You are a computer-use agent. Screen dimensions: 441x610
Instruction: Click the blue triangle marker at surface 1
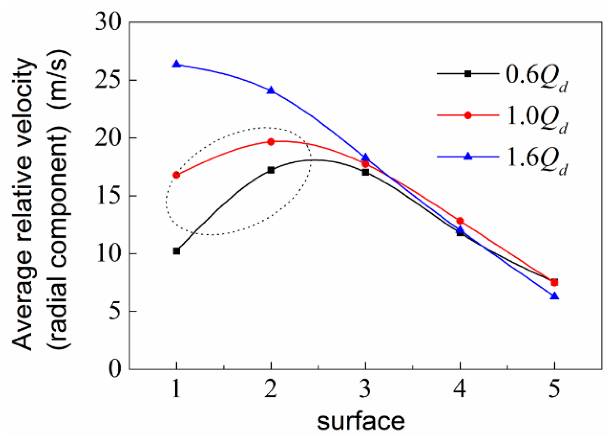click(176, 65)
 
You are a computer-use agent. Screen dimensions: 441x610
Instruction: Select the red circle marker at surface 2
click(271, 142)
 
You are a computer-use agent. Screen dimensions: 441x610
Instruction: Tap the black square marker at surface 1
click(176, 251)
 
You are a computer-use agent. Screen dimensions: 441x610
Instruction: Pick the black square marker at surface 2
click(271, 170)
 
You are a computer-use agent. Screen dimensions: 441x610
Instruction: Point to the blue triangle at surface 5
click(554, 297)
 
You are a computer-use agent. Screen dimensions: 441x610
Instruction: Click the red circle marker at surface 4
click(460, 221)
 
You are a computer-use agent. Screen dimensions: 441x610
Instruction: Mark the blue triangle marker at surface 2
click(271, 91)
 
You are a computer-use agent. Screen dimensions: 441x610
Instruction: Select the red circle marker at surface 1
click(176, 175)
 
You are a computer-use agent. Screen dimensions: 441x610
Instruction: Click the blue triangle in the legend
click(468, 156)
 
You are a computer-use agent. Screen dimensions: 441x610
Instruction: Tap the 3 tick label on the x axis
click(365, 389)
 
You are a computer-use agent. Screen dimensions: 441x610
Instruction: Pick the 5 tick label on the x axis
click(554, 389)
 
